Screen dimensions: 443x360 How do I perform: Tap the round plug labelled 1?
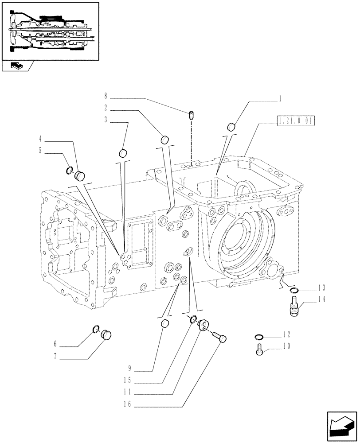point(231,127)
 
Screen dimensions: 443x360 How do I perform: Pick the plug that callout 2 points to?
point(164,140)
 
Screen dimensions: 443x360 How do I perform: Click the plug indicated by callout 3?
point(123,153)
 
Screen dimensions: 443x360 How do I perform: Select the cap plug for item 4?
point(80,175)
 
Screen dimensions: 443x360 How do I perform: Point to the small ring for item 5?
point(69,170)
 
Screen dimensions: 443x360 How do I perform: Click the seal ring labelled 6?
point(96,328)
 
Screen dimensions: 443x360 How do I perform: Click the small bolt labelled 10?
point(260,350)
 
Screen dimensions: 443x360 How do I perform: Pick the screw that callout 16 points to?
point(219,338)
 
